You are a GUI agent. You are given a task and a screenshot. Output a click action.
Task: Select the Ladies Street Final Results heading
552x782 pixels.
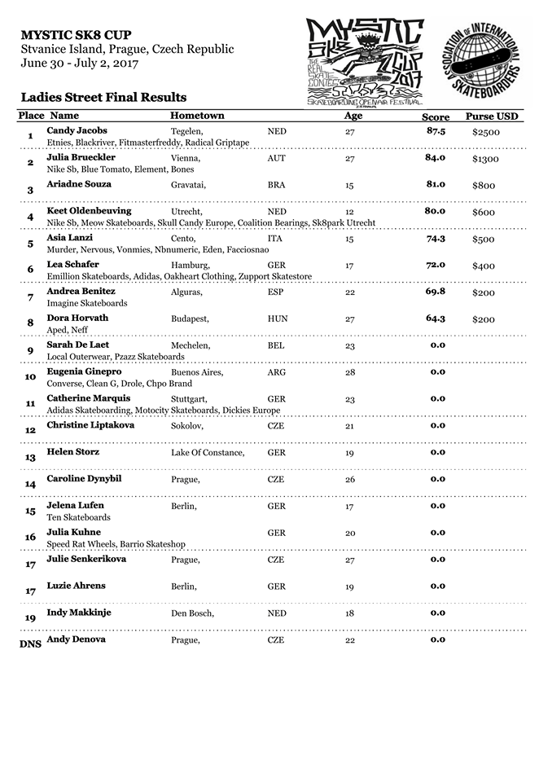[103, 98]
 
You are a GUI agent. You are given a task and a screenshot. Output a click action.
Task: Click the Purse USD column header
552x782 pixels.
[492, 116]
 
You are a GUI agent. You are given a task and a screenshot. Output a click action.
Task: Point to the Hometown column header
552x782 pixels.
[197, 116]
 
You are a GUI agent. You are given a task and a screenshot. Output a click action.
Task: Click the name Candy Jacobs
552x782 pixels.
[77, 130]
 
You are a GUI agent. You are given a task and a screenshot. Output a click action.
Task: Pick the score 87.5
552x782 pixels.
[436, 130]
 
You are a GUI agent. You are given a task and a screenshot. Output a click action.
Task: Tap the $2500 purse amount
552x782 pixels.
[486, 132]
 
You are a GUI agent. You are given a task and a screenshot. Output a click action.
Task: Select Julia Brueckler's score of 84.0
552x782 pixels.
[436, 157]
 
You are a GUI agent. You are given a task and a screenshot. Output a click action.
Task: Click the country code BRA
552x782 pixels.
[276, 186]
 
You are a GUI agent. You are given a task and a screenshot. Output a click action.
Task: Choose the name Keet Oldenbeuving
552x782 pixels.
[90, 211]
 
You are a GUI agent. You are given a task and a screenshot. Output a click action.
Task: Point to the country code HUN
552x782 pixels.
[277, 319]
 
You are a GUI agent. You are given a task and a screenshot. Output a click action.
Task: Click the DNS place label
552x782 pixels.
[30, 644]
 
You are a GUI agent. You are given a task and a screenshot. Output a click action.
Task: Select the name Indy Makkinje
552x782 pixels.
[79, 613]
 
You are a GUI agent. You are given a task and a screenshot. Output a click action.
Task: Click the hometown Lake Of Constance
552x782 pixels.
[208, 453]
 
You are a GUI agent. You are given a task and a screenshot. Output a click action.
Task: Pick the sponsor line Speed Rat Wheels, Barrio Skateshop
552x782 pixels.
[116, 544]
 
